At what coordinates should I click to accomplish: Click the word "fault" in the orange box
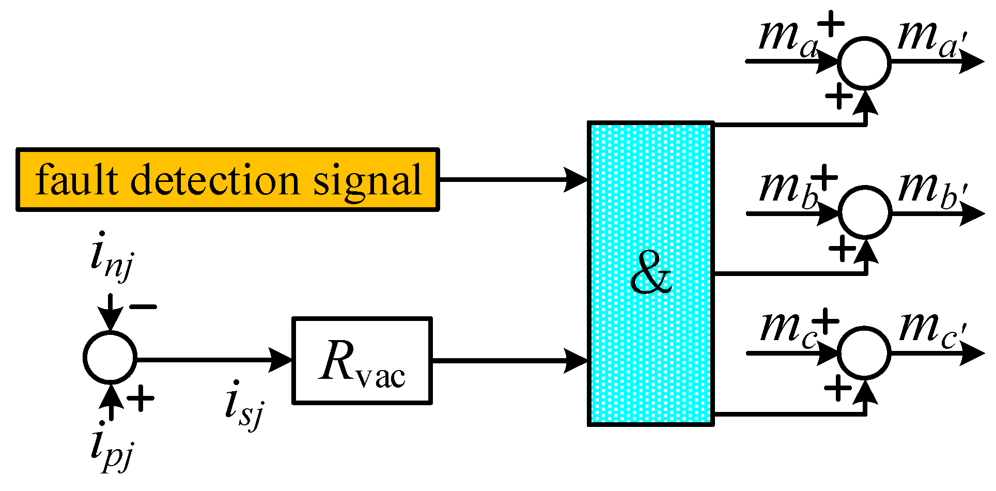click(x=77, y=180)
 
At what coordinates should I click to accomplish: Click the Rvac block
click(x=362, y=360)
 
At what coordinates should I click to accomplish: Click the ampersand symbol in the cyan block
click(x=651, y=274)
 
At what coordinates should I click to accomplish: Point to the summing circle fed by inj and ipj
click(x=110, y=357)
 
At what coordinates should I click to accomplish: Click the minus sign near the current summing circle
click(x=143, y=307)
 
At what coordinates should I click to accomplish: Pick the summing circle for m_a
click(x=864, y=62)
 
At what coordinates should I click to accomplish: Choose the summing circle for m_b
click(x=864, y=212)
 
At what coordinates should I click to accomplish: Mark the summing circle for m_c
click(x=864, y=352)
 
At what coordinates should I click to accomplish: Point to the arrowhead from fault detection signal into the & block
click(x=576, y=180)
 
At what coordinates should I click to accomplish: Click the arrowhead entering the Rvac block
click(x=282, y=360)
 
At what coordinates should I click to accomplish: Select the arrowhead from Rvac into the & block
click(x=576, y=360)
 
